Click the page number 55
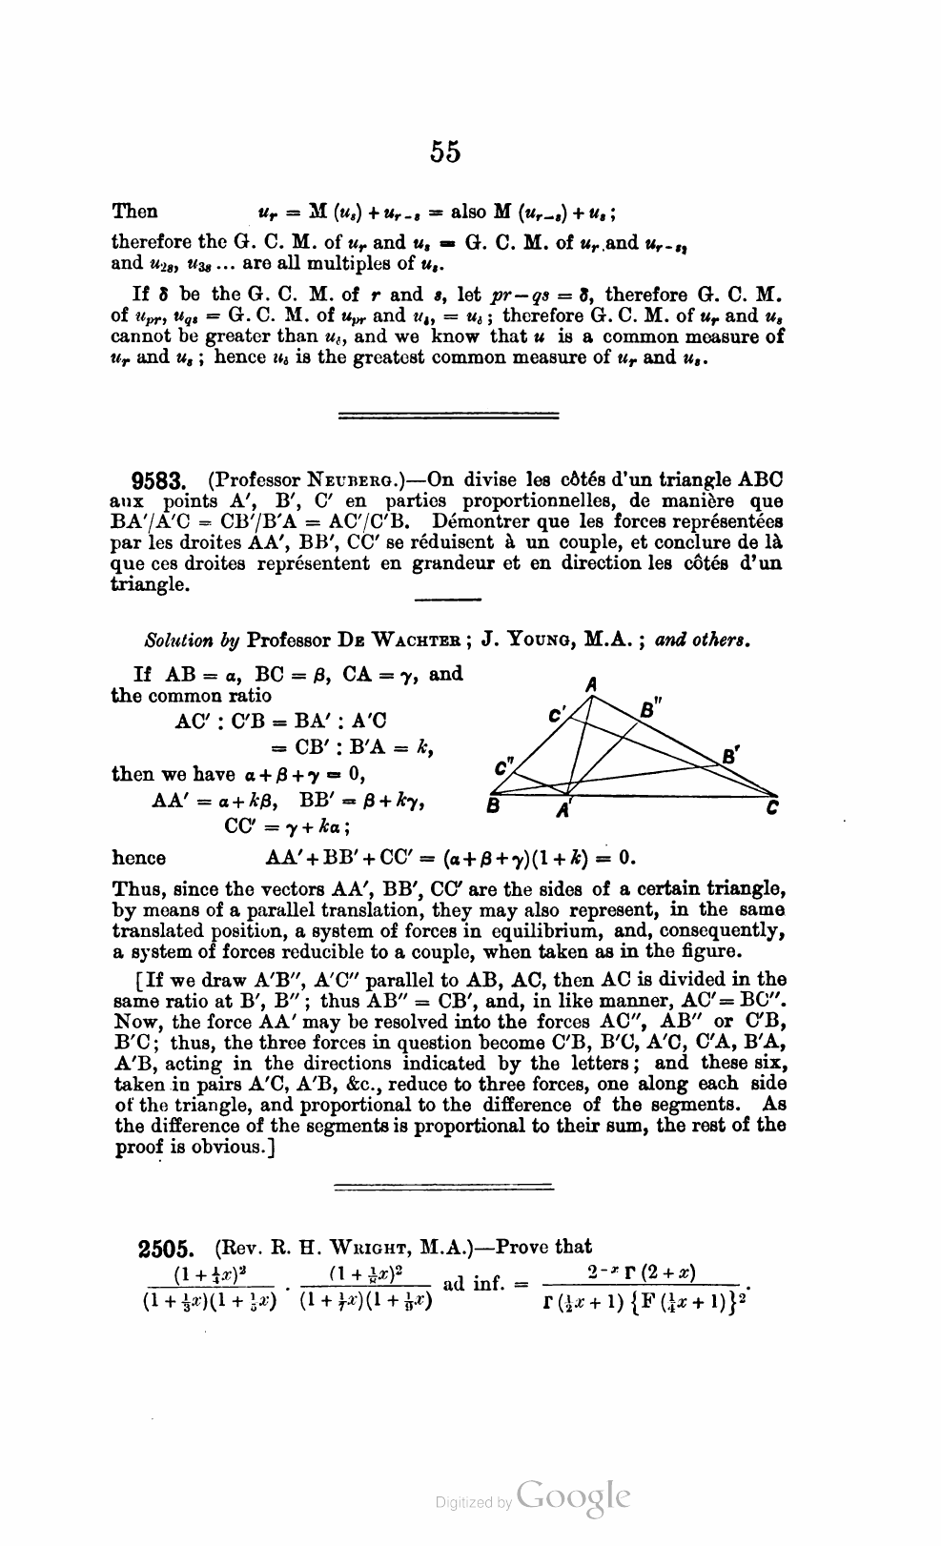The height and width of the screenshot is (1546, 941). [445, 152]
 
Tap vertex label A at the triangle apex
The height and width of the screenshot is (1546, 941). [591, 683]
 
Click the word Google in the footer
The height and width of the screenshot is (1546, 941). [573, 1496]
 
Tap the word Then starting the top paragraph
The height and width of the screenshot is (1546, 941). [135, 212]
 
